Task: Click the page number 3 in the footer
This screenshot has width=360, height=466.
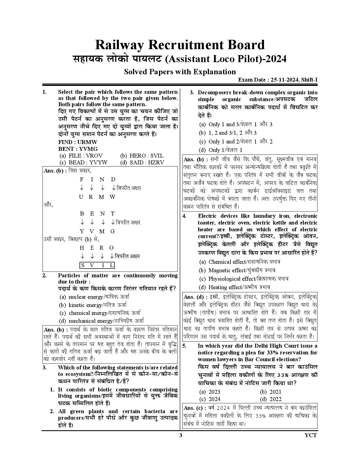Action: point(181,435)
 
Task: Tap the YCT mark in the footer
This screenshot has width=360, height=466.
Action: point(311,435)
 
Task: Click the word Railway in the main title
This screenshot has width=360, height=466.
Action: point(120,45)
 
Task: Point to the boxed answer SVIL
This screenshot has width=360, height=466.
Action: point(97,265)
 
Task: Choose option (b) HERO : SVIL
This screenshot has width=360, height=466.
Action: point(142,156)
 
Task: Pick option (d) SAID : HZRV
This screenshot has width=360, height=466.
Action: point(142,162)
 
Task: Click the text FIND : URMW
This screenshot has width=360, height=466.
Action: point(78,142)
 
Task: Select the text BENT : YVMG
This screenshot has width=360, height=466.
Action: point(78,149)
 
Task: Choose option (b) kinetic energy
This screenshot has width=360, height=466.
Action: point(93,305)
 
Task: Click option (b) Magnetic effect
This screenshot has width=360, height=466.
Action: point(237,270)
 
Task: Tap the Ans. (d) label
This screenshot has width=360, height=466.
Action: point(194,297)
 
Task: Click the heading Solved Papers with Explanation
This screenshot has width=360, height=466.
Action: point(180,72)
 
